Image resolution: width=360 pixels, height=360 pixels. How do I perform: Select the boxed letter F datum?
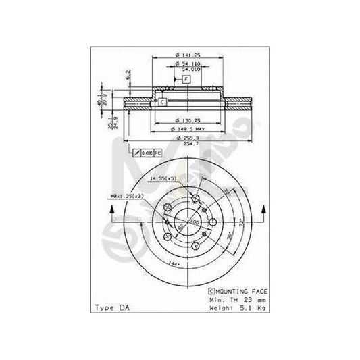click(x=186, y=80)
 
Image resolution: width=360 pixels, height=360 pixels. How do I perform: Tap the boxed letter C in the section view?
click(x=162, y=101)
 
